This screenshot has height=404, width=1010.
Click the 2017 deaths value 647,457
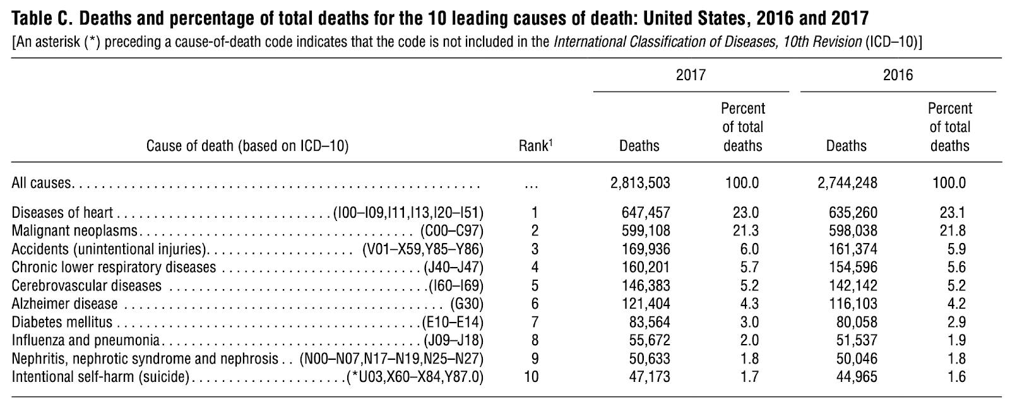click(x=646, y=212)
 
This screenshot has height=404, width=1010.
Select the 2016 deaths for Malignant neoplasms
click(x=853, y=231)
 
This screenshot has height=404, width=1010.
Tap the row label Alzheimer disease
click(x=64, y=304)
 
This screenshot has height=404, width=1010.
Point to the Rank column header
click(x=535, y=145)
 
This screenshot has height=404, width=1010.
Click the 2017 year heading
click(x=691, y=75)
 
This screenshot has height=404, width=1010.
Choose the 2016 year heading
click(x=898, y=75)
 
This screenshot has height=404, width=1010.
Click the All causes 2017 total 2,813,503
click(x=640, y=182)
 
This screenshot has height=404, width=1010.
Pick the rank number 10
click(x=532, y=376)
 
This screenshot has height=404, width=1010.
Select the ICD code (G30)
click(x=466, y=304)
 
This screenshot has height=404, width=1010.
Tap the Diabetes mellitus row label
click(x=62, y=322)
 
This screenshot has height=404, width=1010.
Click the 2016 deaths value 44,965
click(x=857, y=376)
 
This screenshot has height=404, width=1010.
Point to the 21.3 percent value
click(x=746, y=231)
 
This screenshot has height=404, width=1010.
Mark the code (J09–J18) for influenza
click(x=454, y=340)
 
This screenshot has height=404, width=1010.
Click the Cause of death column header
click(x=247, y=146)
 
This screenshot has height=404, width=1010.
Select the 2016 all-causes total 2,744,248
click(x=847, y=182)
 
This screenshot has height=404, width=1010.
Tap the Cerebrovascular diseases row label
click(x=86, y=285)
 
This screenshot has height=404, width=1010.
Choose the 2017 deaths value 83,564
click(x=650, y=322)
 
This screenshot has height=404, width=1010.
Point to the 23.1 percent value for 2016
click(x=953, y=212)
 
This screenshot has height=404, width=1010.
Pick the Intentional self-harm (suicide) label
click(x=100, y=376)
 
